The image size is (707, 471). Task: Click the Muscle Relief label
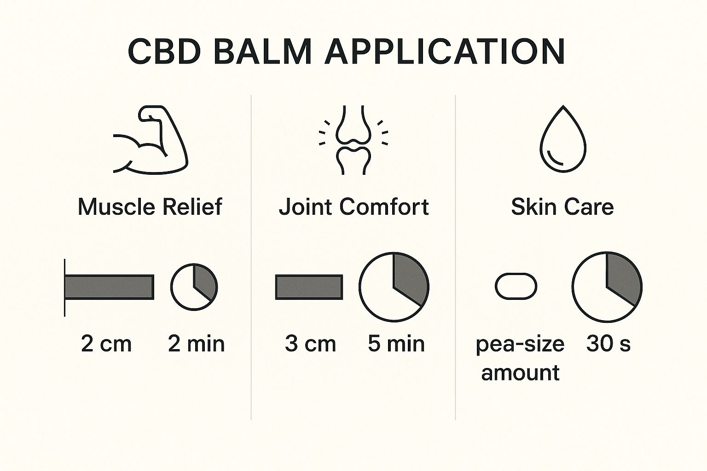150,207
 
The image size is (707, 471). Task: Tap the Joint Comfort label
353,207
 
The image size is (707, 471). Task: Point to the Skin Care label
562,207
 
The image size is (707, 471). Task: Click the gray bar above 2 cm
110,287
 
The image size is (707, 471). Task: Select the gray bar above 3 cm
309,287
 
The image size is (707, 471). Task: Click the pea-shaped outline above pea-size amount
516,287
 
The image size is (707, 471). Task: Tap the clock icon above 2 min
194,287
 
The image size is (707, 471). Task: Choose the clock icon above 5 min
394,287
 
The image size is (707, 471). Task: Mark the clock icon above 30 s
607,287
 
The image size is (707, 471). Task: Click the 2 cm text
106,344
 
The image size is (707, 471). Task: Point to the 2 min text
196,344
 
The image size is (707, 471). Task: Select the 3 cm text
310,344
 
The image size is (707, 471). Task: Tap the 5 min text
396,344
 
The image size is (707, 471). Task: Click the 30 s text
608,344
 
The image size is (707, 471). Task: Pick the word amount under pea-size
520,373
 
